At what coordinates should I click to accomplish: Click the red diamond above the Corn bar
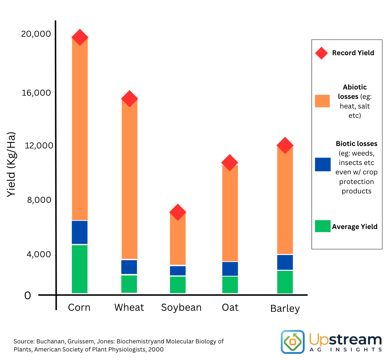coord(80,37)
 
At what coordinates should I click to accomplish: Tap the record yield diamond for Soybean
coord(178,212)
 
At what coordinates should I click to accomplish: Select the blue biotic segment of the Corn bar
coord(80,232)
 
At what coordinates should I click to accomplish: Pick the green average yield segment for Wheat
coord(129,284)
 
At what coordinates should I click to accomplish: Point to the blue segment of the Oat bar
coord(230,269)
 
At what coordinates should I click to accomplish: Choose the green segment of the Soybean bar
coord(178,284)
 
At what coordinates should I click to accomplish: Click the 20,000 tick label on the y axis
coord(36,34)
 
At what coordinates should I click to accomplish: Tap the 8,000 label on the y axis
coord(39,200)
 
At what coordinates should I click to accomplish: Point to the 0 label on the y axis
coord(28,296)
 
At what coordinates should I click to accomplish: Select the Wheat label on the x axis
coord(129,307)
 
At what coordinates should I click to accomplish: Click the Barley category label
coord(285,309)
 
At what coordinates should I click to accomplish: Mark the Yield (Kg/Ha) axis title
coord(11,164)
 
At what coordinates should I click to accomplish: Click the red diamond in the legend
coord(321,53)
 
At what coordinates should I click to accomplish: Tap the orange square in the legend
coord(322,101)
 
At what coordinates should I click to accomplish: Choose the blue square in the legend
coord(323,164)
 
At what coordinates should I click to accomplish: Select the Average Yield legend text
coord(355,227)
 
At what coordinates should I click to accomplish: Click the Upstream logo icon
coord(293,342)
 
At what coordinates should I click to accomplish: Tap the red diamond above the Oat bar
coord(230,163)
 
